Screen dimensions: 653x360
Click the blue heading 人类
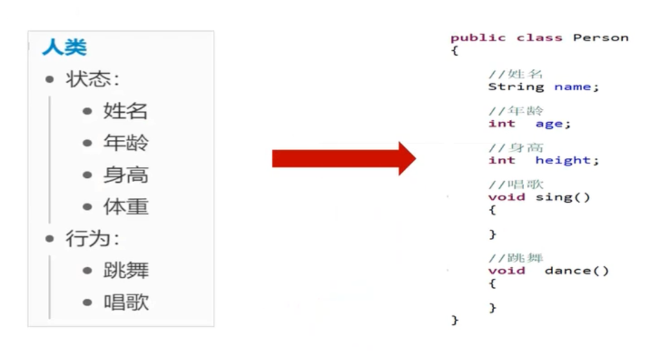(64, 47)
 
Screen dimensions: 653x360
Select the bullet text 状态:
(93, 79)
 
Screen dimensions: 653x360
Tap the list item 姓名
(125, 111)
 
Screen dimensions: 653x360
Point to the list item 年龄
(125, 143)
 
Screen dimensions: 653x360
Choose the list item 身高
(125, 175)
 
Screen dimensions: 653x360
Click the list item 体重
(125, 206)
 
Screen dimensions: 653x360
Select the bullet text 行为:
(93, 238)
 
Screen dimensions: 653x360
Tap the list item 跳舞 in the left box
(125, 270)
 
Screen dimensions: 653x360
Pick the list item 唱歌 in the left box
(125, 302)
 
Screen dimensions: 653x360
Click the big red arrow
(344, 159)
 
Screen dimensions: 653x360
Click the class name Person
(600, 38)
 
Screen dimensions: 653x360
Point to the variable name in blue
(572, 87)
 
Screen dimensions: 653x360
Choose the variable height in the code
(562, 160)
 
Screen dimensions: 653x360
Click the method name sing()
(562, 197)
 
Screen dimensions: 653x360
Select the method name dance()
(576, 270)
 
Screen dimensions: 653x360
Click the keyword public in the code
(477, 38)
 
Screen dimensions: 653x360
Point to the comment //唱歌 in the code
(516, 185)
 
